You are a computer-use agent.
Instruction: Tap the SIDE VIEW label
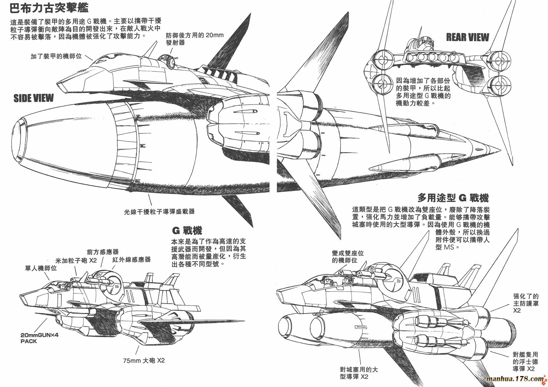pos(34,98)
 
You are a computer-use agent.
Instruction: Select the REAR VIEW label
pos(467,37)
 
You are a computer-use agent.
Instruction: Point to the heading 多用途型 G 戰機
pos(453,198)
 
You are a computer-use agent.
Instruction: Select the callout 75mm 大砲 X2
pos(144,360)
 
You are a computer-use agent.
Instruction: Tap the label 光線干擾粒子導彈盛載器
pos(159,212)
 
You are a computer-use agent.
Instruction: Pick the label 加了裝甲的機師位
pos(56,56)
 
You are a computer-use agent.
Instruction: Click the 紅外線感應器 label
pos(132,259)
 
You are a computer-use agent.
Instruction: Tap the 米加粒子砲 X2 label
pos(76,261)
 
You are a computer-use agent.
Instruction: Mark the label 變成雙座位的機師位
pos(348,256)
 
